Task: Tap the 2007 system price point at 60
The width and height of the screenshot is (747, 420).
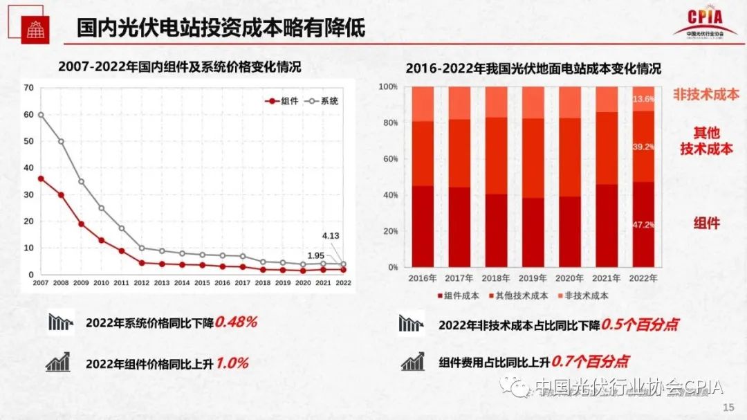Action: (x=41, y=114)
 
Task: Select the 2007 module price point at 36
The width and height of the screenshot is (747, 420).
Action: (x=41, y=179)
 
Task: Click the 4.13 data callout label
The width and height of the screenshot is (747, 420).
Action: (x=330, y=236)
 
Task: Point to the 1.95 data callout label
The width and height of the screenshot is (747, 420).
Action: (x=315, y=256)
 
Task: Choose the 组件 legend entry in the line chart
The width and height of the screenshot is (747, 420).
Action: (x=283, y=101)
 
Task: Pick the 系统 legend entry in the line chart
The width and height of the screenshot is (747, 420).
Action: (x=322, y=101)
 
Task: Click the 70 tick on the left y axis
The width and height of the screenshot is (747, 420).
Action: (x=28, y=87)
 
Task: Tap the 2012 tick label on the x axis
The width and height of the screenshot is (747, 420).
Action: (x=141, y=283)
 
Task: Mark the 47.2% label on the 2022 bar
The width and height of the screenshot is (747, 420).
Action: (x=643, y=225)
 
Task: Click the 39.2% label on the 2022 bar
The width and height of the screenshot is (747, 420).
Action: (x=643, y=147)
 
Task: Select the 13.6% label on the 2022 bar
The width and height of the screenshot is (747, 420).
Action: (x=643, y=99)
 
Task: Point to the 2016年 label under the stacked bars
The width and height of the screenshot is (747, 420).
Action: (x=422, y=278)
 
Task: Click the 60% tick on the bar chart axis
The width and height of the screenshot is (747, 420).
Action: (x=389, y=159)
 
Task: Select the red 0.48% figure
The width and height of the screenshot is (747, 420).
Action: (x=236, y=322)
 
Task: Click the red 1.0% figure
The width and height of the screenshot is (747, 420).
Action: (x=232, y=363)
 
